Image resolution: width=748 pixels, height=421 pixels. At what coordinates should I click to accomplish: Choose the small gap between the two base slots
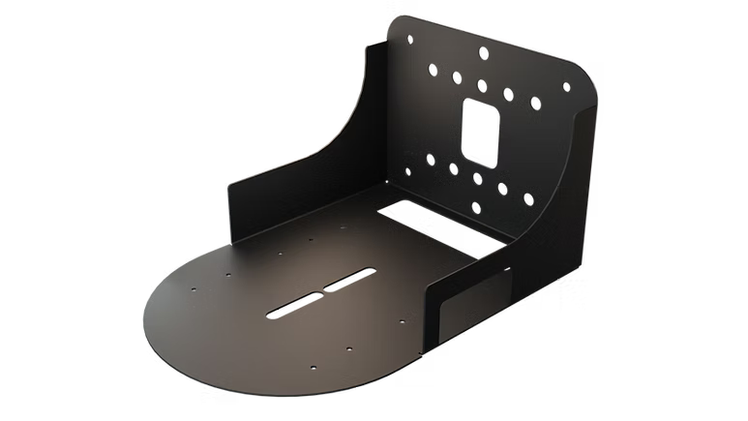[324, 291]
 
